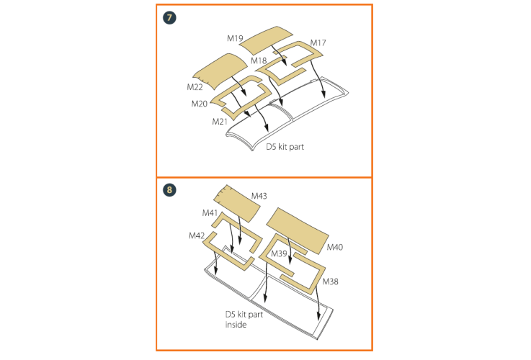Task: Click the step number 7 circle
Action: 169,17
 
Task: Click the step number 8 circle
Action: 169,190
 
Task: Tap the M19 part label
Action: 235,38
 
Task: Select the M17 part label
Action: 318,42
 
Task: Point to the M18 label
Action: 259,60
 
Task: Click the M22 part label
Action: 195,87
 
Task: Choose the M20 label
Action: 199,104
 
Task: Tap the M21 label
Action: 220,122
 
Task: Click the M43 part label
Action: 259,196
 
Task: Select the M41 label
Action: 210,213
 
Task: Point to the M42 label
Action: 197,235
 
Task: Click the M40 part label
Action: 335,248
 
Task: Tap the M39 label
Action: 279,253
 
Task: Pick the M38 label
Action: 330,282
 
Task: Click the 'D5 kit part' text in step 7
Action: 285,147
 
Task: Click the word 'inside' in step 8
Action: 236,325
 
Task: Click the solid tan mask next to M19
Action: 267,40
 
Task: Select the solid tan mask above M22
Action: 220,71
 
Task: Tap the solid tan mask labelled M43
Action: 237,203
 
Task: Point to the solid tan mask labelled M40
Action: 298,230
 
